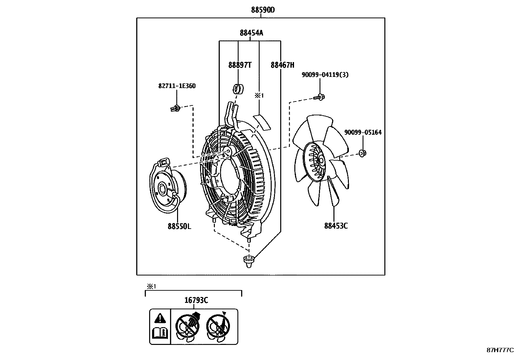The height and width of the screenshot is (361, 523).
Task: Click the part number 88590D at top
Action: (263, 10)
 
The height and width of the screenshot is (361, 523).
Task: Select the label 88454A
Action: (251, 33)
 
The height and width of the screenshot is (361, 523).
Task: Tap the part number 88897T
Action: (240, 65)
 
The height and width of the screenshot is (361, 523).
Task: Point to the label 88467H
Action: (282, 65)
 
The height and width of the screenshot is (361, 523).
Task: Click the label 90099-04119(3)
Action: (325, 75)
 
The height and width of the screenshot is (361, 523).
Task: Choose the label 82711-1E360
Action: (177, 86)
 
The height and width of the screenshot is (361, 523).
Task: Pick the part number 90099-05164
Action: (363, 132)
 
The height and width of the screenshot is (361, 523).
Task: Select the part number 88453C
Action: (336, 226)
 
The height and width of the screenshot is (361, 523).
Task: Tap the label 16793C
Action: (196, 300)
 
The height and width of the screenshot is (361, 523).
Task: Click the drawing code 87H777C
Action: (500, 350)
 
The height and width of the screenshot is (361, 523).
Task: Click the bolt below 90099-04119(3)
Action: (319, 97)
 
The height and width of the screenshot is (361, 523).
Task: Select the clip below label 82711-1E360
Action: (176, 108)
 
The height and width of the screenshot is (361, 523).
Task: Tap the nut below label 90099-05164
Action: (362, 153)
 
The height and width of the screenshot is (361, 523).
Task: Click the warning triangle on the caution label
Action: (160, 318)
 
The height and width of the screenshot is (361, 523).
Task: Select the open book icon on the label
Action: (160, 334)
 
